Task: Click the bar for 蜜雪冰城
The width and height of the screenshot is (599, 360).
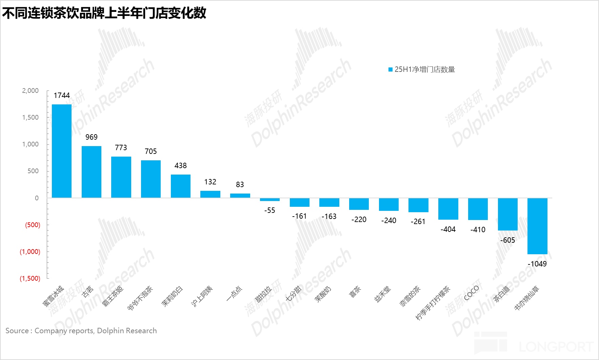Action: point(61,151)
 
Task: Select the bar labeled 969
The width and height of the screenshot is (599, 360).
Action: point(91,172)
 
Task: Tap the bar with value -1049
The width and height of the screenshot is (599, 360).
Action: point(537,226)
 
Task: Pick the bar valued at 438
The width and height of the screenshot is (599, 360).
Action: point(180,186)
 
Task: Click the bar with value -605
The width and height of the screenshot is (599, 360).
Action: point(507,214)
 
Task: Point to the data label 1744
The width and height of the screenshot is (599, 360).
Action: point(62,96)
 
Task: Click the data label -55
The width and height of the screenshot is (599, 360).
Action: point(269,211)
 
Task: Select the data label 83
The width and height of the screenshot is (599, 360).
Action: point(240,184)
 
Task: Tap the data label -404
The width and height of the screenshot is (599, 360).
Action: point(448,229)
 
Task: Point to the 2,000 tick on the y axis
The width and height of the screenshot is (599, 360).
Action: point(31,91)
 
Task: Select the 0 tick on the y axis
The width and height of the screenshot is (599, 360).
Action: point(37,198)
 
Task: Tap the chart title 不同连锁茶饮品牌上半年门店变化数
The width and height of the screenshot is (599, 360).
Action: point(104,13)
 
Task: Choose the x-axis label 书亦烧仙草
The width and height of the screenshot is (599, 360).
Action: point(526,298)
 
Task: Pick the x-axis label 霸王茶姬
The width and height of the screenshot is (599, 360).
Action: point(113,296)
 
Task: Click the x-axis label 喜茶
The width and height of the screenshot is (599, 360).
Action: point(355,292)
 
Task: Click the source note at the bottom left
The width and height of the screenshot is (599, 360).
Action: point(81,331)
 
